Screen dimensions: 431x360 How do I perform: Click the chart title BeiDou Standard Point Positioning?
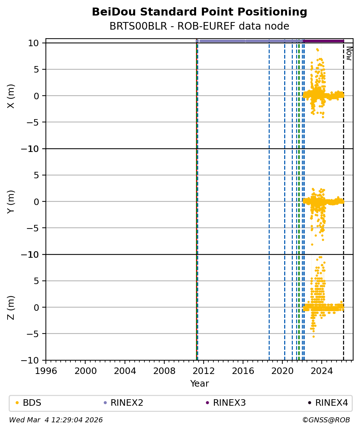coord(199,12)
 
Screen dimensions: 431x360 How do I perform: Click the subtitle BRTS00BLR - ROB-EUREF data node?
coord(199,26)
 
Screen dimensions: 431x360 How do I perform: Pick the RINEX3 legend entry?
coord(229,403)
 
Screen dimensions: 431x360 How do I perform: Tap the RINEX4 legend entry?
coord(331,403)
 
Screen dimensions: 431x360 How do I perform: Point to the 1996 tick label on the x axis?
coord(46,371)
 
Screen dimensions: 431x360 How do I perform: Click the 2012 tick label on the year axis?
coord(204,371)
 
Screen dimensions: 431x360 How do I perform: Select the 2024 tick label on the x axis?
coord(322,371)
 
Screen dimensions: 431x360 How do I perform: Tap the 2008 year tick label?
coord(164,371)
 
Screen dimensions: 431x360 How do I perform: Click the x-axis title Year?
coord(199,384)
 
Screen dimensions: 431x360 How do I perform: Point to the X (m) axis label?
coord(11,96)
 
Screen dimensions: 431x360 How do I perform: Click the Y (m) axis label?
coord(11,201)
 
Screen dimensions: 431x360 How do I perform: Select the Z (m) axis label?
coord(11,307)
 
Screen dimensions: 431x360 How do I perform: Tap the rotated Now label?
coord(349,53)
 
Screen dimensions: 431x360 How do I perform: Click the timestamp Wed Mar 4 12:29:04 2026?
coord(56,420)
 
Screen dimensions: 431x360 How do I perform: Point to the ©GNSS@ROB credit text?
coord(326,420)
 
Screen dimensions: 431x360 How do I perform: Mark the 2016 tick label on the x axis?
coord(243,371)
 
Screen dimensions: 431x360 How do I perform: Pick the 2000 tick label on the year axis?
coord(85,371)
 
